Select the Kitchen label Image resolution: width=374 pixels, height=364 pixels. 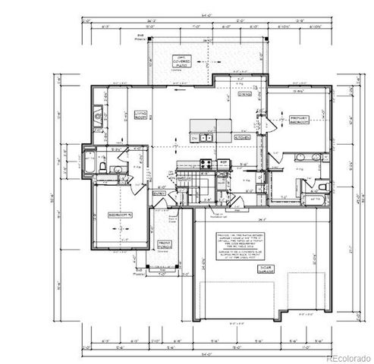[x=243, y=139]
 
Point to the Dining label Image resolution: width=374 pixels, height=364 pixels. [x=244, y=95]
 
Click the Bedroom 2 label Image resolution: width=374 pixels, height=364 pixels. [x=120, y=215]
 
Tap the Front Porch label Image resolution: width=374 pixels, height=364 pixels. [x=165, y=244]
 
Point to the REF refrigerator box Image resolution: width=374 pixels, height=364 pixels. [x=224, y=163]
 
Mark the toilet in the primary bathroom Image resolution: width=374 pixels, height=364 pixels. [x=323, y=186]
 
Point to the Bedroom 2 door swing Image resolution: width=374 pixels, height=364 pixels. [x=128, y=182]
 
